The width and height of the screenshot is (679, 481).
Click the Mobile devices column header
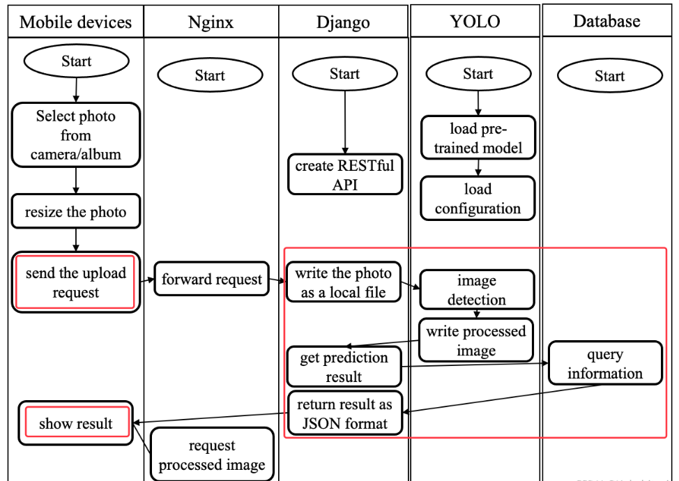(75, 22)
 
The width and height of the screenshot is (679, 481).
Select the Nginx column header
(211, 22)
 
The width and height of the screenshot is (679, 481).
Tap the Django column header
(343, 22)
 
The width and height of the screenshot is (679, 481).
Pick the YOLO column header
(475, 21)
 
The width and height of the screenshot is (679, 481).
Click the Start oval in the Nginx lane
(210, 75)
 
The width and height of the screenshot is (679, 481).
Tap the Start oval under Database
(609, 76)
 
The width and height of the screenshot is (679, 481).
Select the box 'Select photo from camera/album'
(75, 135)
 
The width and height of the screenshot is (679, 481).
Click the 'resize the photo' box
(75, 212)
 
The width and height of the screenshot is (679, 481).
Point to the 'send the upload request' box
(75, 283)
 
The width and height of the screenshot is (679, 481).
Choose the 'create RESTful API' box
(345, 175)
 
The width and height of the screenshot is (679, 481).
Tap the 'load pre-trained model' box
(478, 138)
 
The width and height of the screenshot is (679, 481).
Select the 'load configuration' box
(478, 199)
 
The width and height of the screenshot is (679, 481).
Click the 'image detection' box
(477, 290)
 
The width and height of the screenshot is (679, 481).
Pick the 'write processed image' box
(476, 341)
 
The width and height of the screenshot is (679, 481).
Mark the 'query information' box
(605, 364)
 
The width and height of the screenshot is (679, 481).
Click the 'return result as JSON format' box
(344, 413)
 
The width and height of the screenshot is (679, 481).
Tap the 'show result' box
(75, 423)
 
